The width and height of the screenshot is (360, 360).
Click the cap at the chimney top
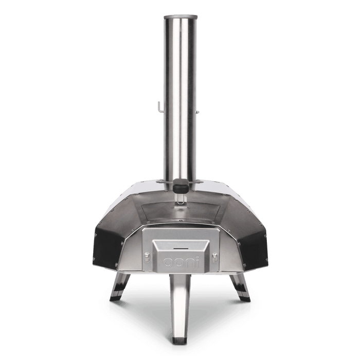click(x=181, y=17)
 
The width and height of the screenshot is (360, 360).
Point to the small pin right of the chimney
click(x=197, y=112)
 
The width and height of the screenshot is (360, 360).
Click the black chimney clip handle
click(x=181, y=185)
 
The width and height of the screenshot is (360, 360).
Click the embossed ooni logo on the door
click(x=181, y=263)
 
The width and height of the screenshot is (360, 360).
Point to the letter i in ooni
click(x=197, y=262)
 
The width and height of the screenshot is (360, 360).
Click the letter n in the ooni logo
click(x=190, y=263)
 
